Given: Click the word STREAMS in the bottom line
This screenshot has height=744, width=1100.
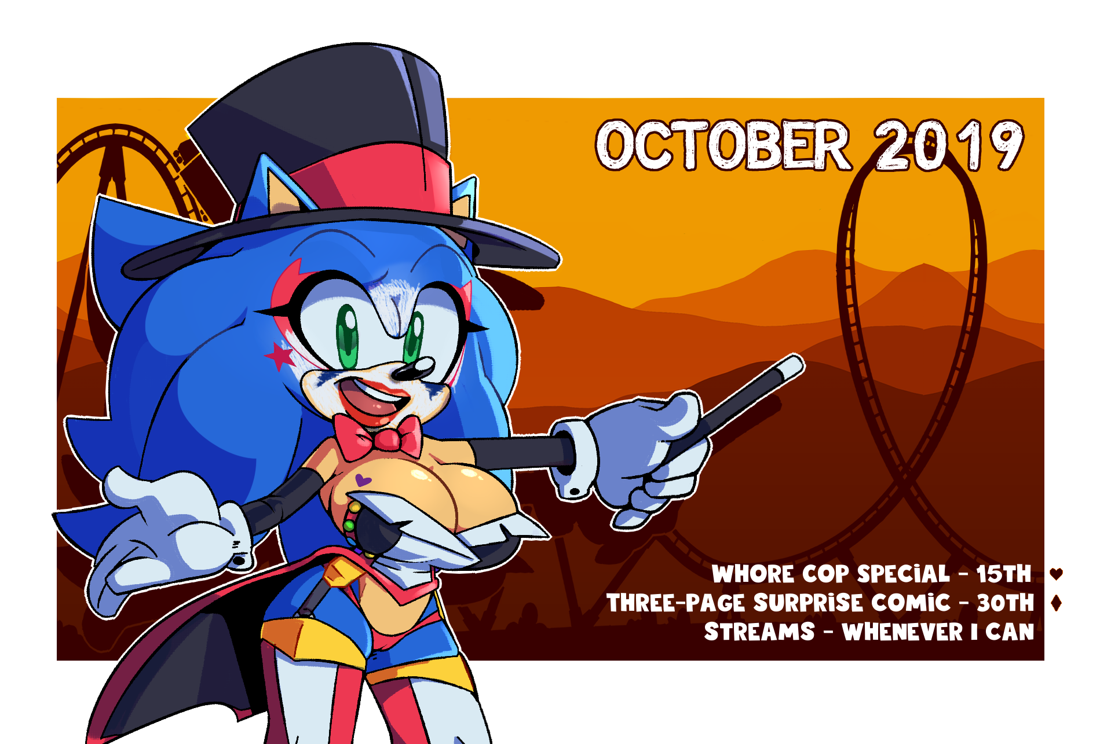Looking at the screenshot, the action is (x=759, y=632).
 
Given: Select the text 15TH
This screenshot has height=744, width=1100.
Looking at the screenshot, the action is (x=1004, y=574).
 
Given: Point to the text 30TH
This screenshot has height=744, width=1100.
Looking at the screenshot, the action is (x=1005, y=603).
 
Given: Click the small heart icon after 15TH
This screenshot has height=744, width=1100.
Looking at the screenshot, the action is (x=1056, y=574).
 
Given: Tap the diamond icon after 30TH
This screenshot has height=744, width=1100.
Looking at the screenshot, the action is (x=1056, y=603).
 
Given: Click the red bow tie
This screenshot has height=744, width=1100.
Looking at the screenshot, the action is (x=378, y=438).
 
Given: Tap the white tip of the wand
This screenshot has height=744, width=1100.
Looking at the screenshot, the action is (x=791, y=366).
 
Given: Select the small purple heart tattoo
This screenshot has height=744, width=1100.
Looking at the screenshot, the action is (x=362, y=480).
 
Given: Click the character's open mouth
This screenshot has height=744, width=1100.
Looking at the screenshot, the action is (x=374, y=400).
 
